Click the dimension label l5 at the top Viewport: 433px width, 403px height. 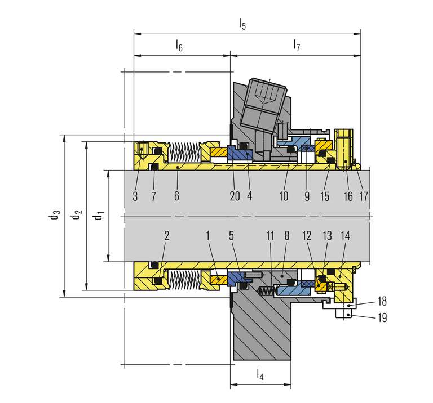[x=242, y=24]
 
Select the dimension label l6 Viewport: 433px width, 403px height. [x=179, y=46]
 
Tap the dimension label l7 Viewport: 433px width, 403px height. [x=297, y=46]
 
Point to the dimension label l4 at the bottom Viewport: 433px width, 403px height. [x=260, y=374]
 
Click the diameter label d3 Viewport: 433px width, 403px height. [x=54, y=215]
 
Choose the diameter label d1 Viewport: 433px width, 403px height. [x=99, y=215]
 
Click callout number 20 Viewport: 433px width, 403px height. [x=235, y=196]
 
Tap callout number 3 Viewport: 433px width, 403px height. [x=135, y=196]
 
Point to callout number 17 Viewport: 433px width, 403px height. [x=363, y=196]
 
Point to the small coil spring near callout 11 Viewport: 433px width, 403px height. [x=266, y=291]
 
